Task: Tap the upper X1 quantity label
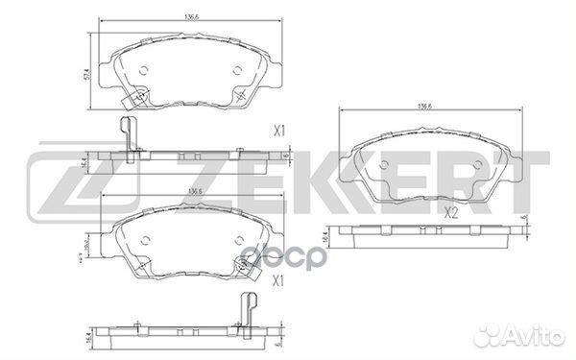[x=281, y=128]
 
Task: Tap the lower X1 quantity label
[x=281, y=280]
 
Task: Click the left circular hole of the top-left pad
[x=144, y=69]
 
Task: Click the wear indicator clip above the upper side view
[x=125, y=133]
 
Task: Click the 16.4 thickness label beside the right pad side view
[x=325, y=236]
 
